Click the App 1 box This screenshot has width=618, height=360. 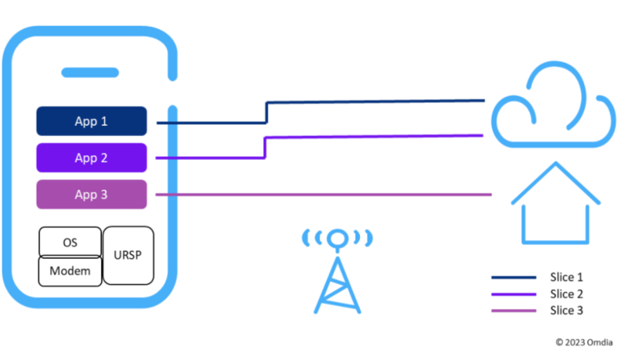coord(91,121)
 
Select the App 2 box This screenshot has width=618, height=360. coord(91,158)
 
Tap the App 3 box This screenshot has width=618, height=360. coord(91,195)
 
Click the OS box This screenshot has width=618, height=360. coord(70,242)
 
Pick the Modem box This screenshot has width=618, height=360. coord(70,271)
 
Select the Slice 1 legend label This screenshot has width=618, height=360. coord(566,277)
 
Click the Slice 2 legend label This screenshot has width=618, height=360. coord(566,294)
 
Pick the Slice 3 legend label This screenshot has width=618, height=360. coord(566,311)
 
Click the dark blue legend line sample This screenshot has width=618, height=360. coord(514,277)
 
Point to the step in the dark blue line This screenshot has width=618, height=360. coord(267,112)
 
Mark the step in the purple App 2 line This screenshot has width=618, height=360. coord(265,148)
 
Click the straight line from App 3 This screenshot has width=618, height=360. coord(324,195)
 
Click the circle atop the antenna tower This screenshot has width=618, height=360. coord(337,239)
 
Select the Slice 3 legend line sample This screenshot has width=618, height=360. coord(514,311)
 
